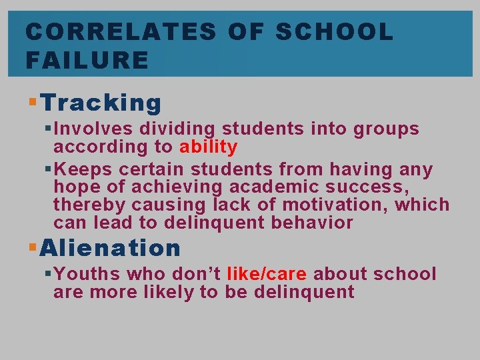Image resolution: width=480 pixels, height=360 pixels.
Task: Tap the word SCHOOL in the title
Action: [335, 31]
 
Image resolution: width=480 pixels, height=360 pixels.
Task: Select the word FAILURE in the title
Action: [87, 60]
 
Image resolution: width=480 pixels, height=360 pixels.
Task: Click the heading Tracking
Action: [101, 103]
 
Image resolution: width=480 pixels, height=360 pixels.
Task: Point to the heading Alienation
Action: [111, 248]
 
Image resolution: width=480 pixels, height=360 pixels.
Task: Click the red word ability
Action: [208, 146]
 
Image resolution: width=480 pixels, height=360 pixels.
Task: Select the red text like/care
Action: [267, 274]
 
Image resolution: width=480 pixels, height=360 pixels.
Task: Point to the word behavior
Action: [312, 223]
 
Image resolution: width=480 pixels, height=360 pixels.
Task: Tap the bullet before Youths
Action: [47, 273]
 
